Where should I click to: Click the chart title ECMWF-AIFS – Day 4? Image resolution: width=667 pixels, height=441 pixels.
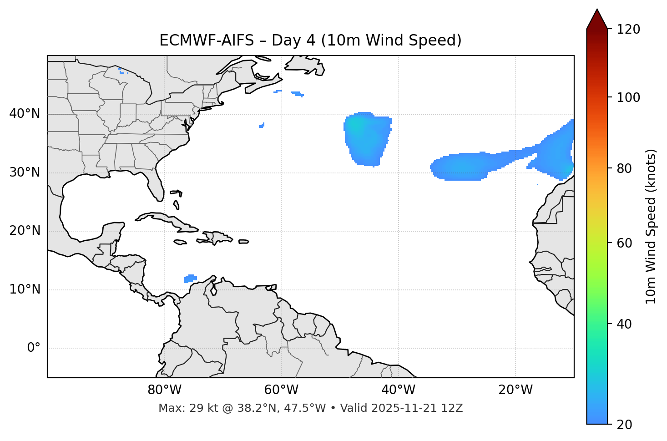point(310,41)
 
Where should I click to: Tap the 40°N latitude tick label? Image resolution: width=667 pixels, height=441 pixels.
point(25,114)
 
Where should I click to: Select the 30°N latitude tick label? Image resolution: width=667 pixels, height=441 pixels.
point(25,172)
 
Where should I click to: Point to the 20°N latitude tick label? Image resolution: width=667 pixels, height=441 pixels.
point(25,231)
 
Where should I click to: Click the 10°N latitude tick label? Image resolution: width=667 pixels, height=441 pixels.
point(25,289)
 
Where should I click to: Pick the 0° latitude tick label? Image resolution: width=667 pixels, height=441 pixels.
point(34,348)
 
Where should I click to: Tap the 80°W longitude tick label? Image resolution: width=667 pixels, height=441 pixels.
point(164,390)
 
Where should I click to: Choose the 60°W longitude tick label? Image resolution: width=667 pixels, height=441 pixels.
point(281,390)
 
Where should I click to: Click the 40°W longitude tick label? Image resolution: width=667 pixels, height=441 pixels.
point(398,390)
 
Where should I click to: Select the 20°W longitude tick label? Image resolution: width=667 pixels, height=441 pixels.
point(515,390)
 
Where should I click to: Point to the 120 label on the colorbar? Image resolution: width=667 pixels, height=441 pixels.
point(628,30)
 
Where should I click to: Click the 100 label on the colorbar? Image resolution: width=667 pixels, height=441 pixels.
point(628,97)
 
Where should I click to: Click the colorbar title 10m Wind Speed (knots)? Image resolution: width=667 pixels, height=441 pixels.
point(651,226)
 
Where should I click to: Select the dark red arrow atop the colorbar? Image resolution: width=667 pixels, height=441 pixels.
point(597,19)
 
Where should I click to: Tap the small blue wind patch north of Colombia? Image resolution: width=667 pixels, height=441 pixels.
point(190,278)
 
